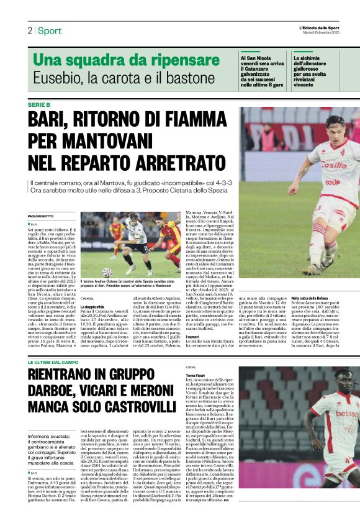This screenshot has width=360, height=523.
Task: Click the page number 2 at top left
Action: pyautogui.click(x=29, y=30)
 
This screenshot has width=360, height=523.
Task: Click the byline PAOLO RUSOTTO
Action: pyautogui.click(x=42, y=216)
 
